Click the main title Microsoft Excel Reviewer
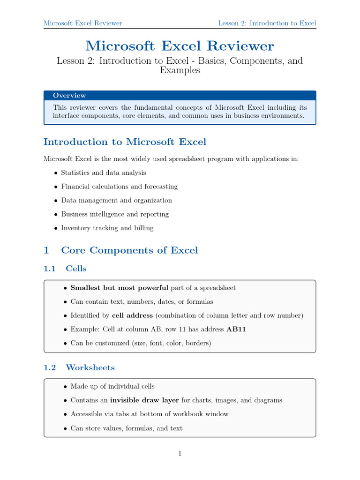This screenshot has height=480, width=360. tap(180, 46)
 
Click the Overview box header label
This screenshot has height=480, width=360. tap(69, 96)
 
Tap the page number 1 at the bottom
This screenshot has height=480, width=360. tap(180, 453)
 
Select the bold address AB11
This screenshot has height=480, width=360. tap(236, 330)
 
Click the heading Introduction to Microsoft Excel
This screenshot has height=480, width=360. tap(125, 142)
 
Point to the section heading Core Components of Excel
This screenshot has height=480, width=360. tap(129, 250)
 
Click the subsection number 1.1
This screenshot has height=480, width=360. tap(50, 269)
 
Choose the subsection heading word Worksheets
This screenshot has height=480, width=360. tap(90, 367)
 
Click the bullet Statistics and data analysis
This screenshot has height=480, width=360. tap(103, 173)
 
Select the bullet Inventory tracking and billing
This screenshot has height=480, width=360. tap(107, 228)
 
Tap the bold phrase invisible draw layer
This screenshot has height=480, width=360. tap(145, 400)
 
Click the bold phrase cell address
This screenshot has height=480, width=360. tap(133, 315)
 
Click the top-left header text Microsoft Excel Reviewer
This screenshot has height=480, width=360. tap(82, 23)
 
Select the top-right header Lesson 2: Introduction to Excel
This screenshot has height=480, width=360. tap(267, 23)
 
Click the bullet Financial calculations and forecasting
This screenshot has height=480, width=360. tap(119, 187)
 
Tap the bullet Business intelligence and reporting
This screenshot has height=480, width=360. tap(115, 214)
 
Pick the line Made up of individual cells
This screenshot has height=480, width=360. tap(112, 387)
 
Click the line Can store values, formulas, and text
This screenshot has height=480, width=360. tap(127, 428)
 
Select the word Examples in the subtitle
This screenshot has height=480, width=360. tap(180, 71)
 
